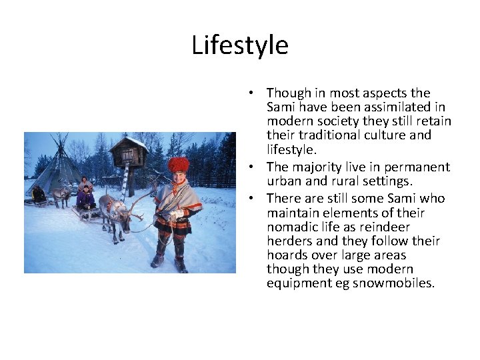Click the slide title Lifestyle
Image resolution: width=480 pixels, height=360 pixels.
pos(240,45)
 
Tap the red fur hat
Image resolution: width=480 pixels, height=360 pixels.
pos(178,164)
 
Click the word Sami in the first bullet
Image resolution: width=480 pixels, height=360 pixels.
pos(280,107)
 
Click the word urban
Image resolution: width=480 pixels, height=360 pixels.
pos(283,181)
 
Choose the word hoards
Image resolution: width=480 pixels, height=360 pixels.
pos(287,255)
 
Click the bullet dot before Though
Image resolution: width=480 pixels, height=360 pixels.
pos(257,93)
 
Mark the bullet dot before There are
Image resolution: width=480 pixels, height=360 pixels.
pos(257,199)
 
